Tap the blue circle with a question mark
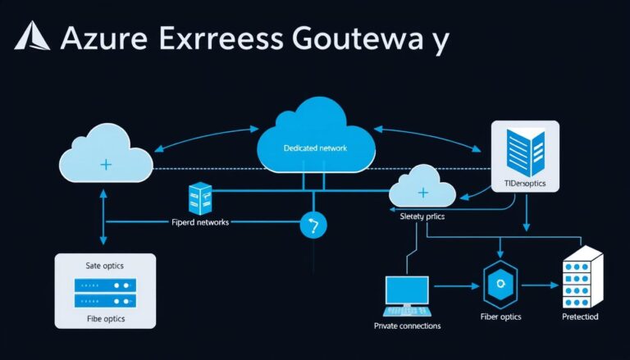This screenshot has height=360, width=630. tap(313, 224)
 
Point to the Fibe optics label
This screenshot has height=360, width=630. tap(103, 318)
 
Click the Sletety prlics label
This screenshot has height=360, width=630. tap(422, 216)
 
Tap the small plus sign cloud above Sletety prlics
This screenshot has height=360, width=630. tap(422, 190)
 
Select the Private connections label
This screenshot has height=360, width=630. tap(407, 326)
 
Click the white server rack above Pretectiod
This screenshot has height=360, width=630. tap(582, 279)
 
